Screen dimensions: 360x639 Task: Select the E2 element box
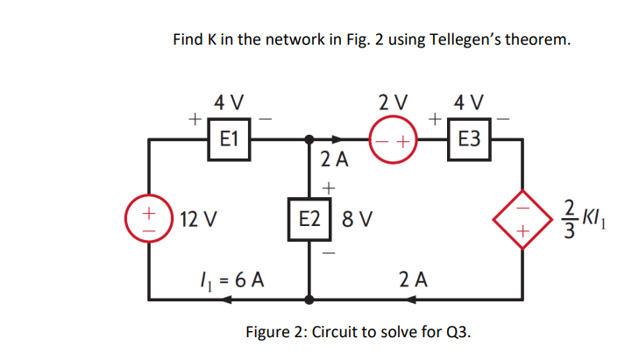[309, 216]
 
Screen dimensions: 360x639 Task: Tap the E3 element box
[469, 138]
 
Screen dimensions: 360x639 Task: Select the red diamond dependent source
[523, 216]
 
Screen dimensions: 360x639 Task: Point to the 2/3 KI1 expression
[578, 216]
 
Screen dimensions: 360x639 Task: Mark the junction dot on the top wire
[309, 138]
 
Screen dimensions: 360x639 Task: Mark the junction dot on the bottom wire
[309, 299]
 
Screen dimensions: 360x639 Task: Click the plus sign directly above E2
[329, 186]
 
